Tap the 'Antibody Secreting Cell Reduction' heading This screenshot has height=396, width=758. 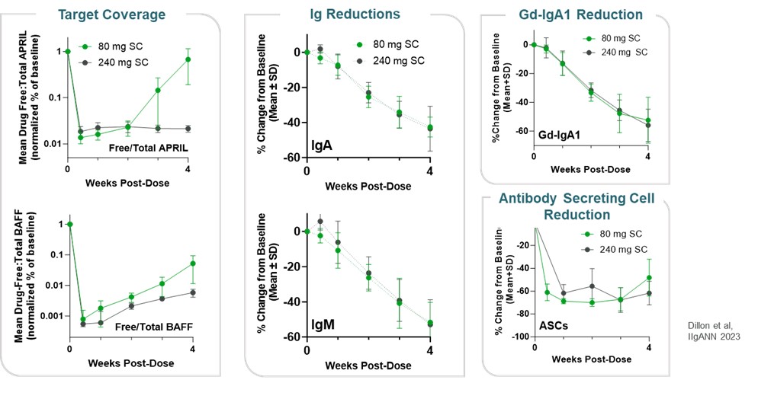pos(581,206)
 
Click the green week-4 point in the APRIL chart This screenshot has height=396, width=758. pos(188,59)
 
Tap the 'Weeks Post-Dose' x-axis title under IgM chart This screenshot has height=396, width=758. pos(368,366)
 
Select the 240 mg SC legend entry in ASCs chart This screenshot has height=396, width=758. pos(615,249)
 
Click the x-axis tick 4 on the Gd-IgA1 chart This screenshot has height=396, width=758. pos(647,155)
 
